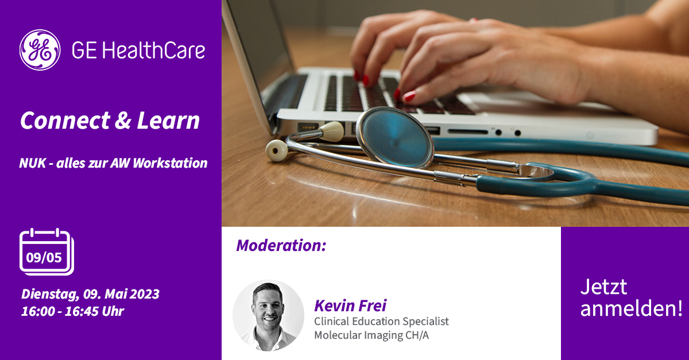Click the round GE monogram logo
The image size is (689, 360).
40,50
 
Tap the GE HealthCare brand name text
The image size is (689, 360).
138,51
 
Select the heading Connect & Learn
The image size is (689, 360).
110,121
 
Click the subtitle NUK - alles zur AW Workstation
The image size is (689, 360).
113,163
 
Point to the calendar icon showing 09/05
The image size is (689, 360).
47,251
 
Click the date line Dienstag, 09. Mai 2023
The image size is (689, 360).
90,295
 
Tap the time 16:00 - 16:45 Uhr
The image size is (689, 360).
72,311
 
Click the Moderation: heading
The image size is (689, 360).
281,246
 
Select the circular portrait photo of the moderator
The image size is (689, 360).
268,315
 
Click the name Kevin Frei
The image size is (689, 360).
350,305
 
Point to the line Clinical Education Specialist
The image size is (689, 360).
381,321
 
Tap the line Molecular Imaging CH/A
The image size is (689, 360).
371,335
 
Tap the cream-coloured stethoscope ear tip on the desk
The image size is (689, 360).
277,150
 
